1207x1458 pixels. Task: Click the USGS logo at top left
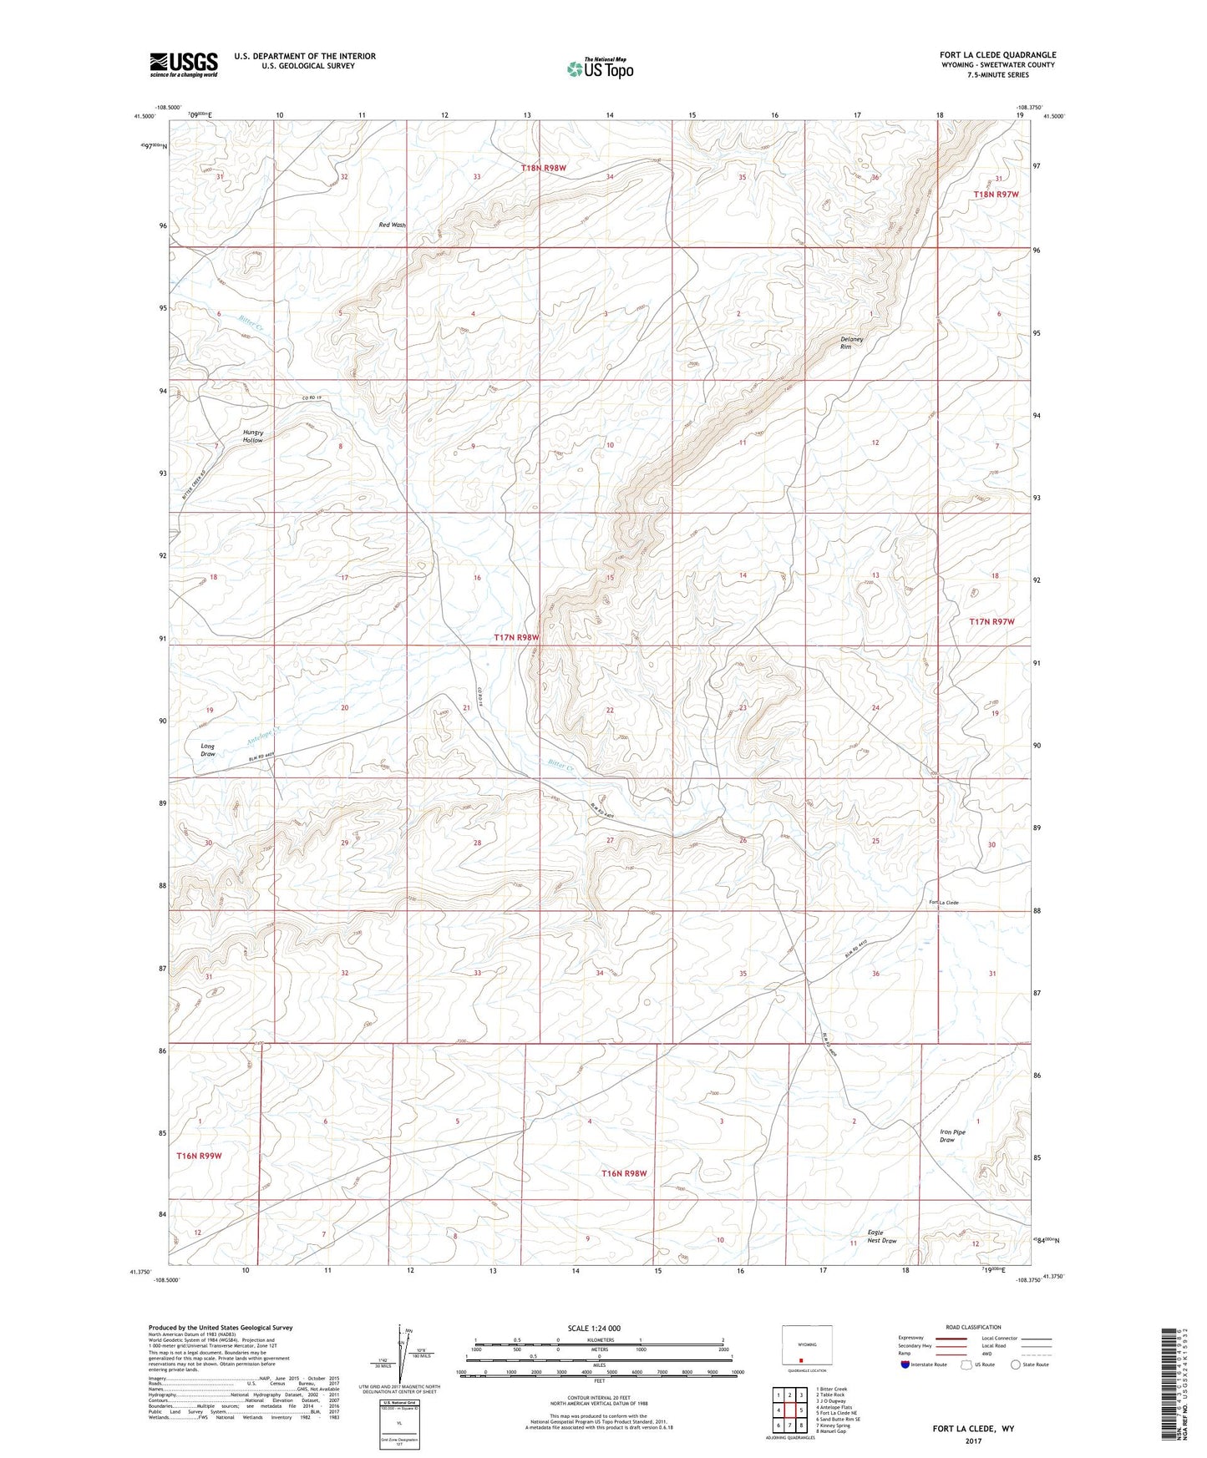coord(184,64)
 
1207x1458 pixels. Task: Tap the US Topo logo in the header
coord(599,69)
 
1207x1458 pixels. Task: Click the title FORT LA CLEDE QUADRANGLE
coord(997,55)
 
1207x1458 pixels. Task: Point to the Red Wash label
coord(392,225)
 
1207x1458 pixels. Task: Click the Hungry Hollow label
coord(253,436)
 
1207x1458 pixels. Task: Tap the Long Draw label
coord(208,750)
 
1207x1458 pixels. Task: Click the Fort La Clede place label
coord(944,903)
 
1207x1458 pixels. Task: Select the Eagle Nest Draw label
coord(881,1237)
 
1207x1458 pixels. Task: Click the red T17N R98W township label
coord(516,637)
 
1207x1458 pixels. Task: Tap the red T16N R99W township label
coord(200,1156)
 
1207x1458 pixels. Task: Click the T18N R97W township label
coord(996,194)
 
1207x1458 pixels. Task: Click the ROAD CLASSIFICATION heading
coord(973,1327)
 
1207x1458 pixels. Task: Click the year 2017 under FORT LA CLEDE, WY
coord(973,1440)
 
